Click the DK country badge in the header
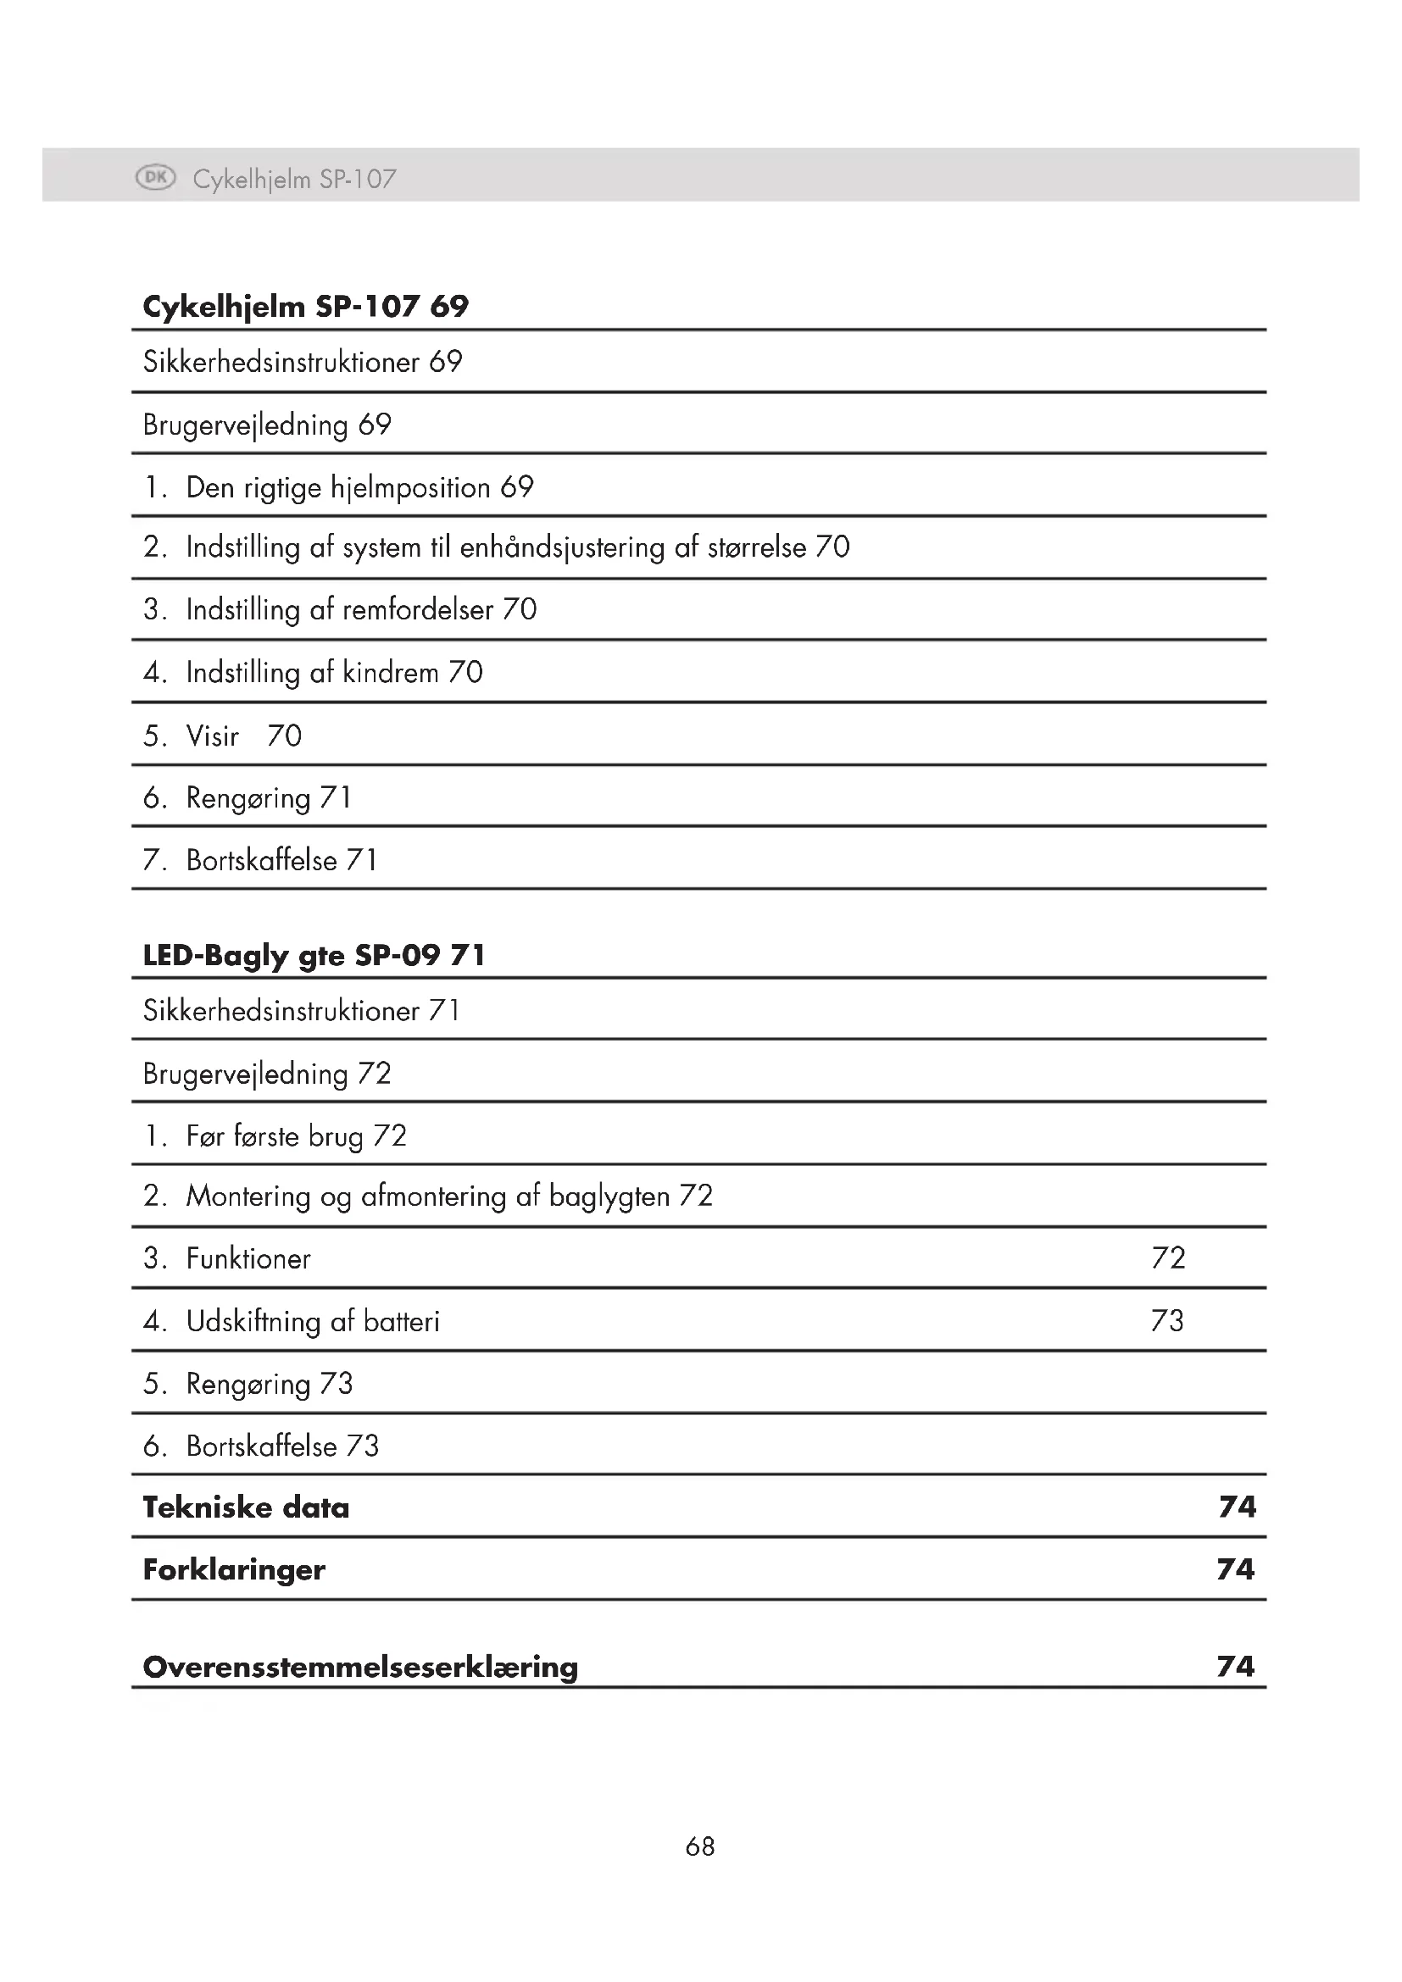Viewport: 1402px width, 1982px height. pyautogui.click(x=155, y=178)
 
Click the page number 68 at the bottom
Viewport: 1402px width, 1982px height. pyautogui.click(x=700, y=1846)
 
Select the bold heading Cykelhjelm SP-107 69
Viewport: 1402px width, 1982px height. pyautogui.click(x=306, y=307)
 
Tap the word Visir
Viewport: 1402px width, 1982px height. pyautogui.click(x=213, y=736)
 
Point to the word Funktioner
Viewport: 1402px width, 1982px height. pyautogui.click(x=248, y=1258)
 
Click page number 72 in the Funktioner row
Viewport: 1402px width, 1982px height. pyautogui.click(x=1168, y=1257)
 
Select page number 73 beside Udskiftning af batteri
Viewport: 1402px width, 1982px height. pyautogui.click(x=1167, y=1321)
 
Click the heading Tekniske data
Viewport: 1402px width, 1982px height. pyautogui.click(x=246, y=1507)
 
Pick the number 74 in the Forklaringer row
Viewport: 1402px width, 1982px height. pyautogui.click(x=1235, y=1569)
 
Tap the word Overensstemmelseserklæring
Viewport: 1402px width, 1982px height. pyautogui.click(x=360, y=1667)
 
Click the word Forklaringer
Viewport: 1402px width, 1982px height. pyautogui.click(x=234, y=1569)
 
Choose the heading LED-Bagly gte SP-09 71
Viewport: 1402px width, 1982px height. pyautogui.click(x=314, y=956)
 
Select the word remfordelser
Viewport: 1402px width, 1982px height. pyautogui.click(x=418, y=609)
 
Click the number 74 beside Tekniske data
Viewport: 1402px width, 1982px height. pyautogui.click(x=1237, y=1507)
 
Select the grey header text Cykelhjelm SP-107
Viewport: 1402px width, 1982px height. pyautogui.click(x=294, y=179)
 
